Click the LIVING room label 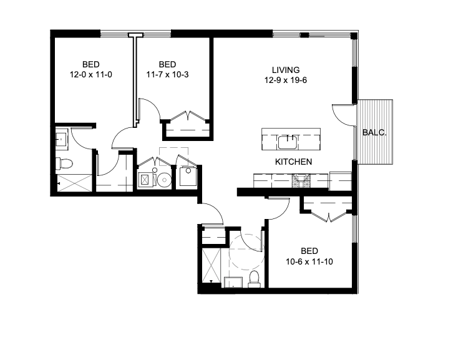(286, 70)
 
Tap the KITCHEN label (293, 162)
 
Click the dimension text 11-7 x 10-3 (167, 74)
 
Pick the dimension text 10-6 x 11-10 (309, 261)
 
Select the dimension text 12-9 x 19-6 (286, 80)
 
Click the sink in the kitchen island (288, 142)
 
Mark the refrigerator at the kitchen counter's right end (341, 180)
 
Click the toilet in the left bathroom (64, 164)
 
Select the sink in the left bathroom (62, 139)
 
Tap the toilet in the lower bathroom (254, 278)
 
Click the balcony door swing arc (342, 112)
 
